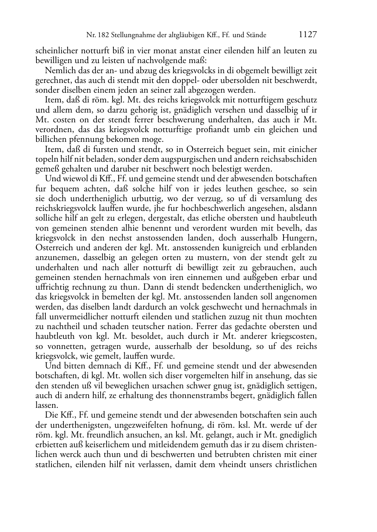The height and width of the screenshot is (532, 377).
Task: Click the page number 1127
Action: (x=308, y=35)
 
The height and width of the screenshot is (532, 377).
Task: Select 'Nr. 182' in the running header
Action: (x=97, y=35)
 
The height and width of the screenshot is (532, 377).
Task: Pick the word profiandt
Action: (x=213, y=129)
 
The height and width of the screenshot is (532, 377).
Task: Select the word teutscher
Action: (x=140, y=326)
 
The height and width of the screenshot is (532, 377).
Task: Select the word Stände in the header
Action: (x=255, y=35)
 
